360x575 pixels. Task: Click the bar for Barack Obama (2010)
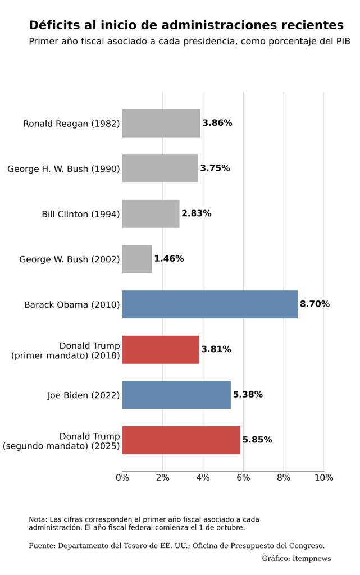(209, 304)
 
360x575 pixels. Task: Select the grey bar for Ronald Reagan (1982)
(161, 123)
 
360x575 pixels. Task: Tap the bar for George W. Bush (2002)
(137, 259)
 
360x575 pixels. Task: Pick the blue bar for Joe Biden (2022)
(176, 395)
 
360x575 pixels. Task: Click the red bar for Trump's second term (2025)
(181, 440)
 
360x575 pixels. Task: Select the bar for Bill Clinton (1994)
(151, 214)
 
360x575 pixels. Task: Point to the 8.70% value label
(315, 304)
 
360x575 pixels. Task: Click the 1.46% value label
(168, 258)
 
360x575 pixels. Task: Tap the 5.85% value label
(257, 440)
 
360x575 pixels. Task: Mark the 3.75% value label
(215, 168)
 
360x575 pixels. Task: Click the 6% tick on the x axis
(243, 477)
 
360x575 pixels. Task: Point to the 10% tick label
(323, 477)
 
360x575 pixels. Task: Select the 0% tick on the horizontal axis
(122, 477)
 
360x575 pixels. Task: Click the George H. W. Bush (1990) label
(63, 168)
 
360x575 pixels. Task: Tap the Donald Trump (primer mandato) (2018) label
(65, 350)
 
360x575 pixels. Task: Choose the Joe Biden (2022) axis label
(83, 395)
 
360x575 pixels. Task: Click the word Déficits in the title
(54, 25)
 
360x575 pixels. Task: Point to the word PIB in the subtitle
(343, 41)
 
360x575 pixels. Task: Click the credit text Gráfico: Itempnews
(296, 559)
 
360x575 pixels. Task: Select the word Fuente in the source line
(42, 546)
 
